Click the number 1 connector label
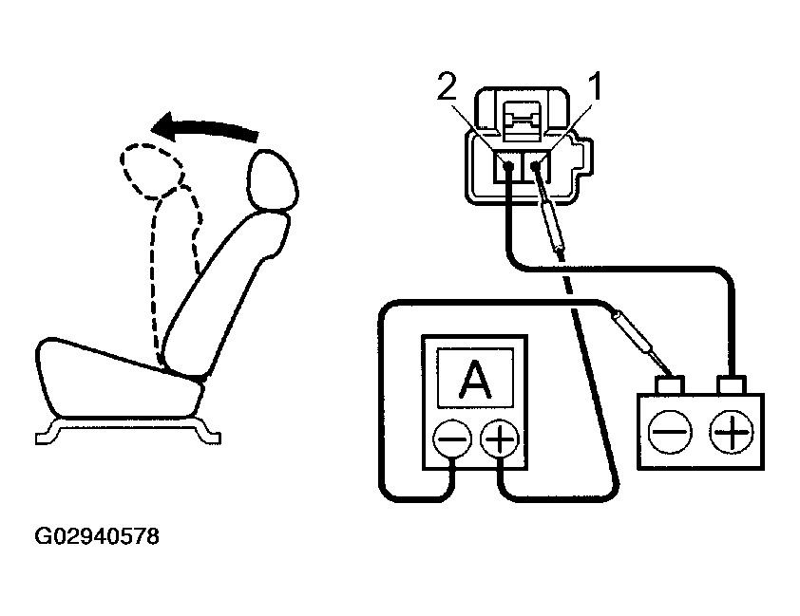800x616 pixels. pos(596,88)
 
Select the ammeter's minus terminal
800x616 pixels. pos(452,439)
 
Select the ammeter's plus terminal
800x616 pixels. pos(500,439)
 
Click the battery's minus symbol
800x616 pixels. pos(671,433)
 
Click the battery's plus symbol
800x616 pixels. pos(731,433)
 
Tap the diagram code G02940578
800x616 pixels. pos(97,537)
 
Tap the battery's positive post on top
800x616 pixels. pos(732,384)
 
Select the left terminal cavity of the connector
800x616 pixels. pos(508,169)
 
